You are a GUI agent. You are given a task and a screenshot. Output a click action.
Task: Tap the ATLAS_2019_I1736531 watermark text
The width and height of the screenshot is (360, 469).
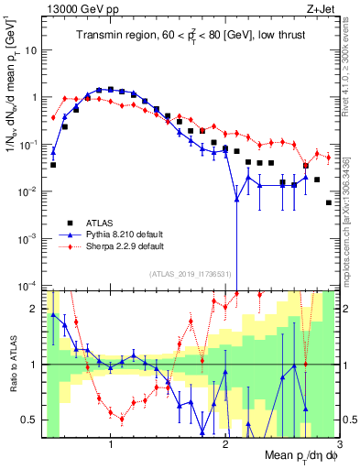tap(191, 273)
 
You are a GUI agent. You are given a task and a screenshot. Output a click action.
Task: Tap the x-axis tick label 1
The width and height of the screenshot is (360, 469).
tap(111, 445)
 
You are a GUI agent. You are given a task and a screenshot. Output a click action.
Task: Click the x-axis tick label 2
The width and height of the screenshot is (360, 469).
tap(225, 445)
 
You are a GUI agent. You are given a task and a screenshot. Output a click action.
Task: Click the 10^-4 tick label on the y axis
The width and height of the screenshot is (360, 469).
tap(29, 285)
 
